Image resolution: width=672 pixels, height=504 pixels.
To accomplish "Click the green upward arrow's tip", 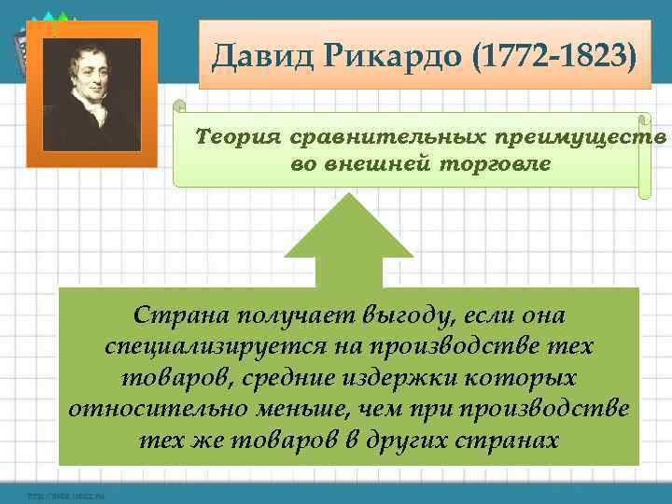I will [x=348, y=198].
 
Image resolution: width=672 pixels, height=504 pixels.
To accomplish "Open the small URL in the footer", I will [x=65, y=495].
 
